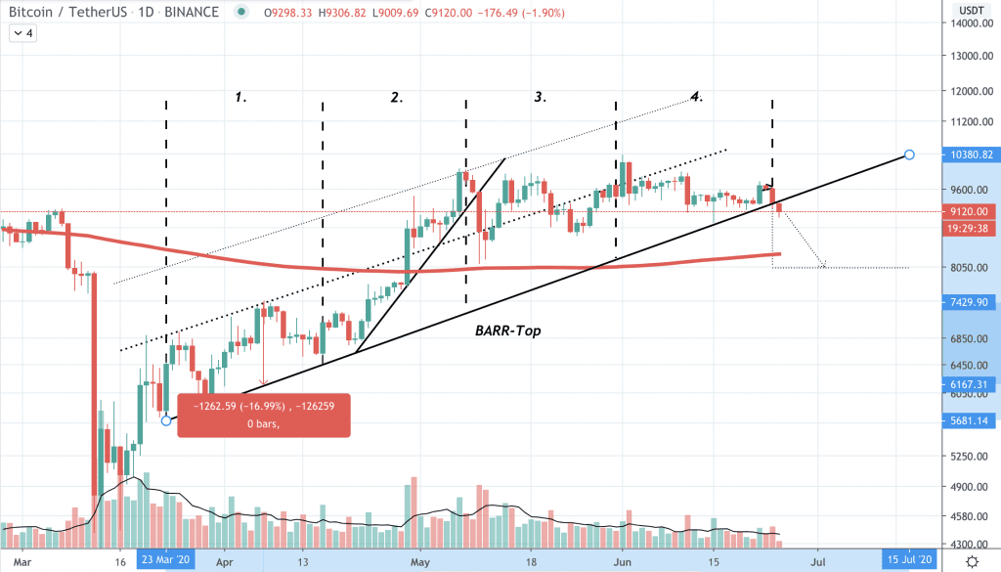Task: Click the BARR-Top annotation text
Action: coord(507,331)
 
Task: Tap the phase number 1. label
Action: coord(239,97)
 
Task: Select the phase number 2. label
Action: coord(397,97)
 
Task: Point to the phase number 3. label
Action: coord(540,97)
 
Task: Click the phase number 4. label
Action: coord(696,96)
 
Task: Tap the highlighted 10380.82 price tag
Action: coord(971,154)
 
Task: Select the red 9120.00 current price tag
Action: coord(971,211)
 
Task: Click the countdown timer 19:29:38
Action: coord(971,227)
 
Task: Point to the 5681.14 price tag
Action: coord(971,420)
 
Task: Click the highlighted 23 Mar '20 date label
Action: coord(165,562)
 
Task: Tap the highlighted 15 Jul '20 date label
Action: coord(909,562)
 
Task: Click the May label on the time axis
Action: coord(421,562)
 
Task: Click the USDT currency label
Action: coord(971,9)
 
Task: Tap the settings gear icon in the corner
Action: coord(973,561)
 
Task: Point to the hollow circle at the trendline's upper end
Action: coord(910,154)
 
